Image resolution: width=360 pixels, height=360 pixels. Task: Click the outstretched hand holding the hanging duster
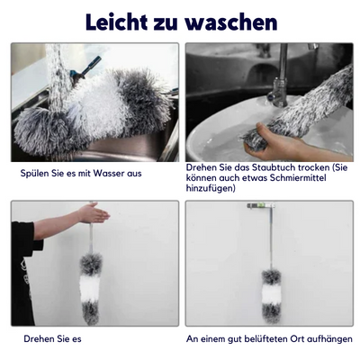click(92, 213)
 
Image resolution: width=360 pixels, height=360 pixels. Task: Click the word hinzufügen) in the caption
click(210, 188)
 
